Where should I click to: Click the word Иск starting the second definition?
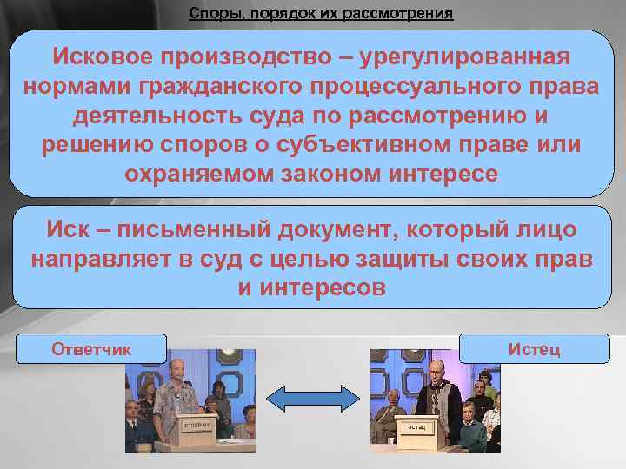pos(66,230)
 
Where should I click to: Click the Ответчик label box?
pos(91,349)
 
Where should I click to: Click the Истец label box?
pos(534,349)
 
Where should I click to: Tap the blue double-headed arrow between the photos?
pos(312,399)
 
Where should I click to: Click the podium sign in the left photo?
pos(199,426)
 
